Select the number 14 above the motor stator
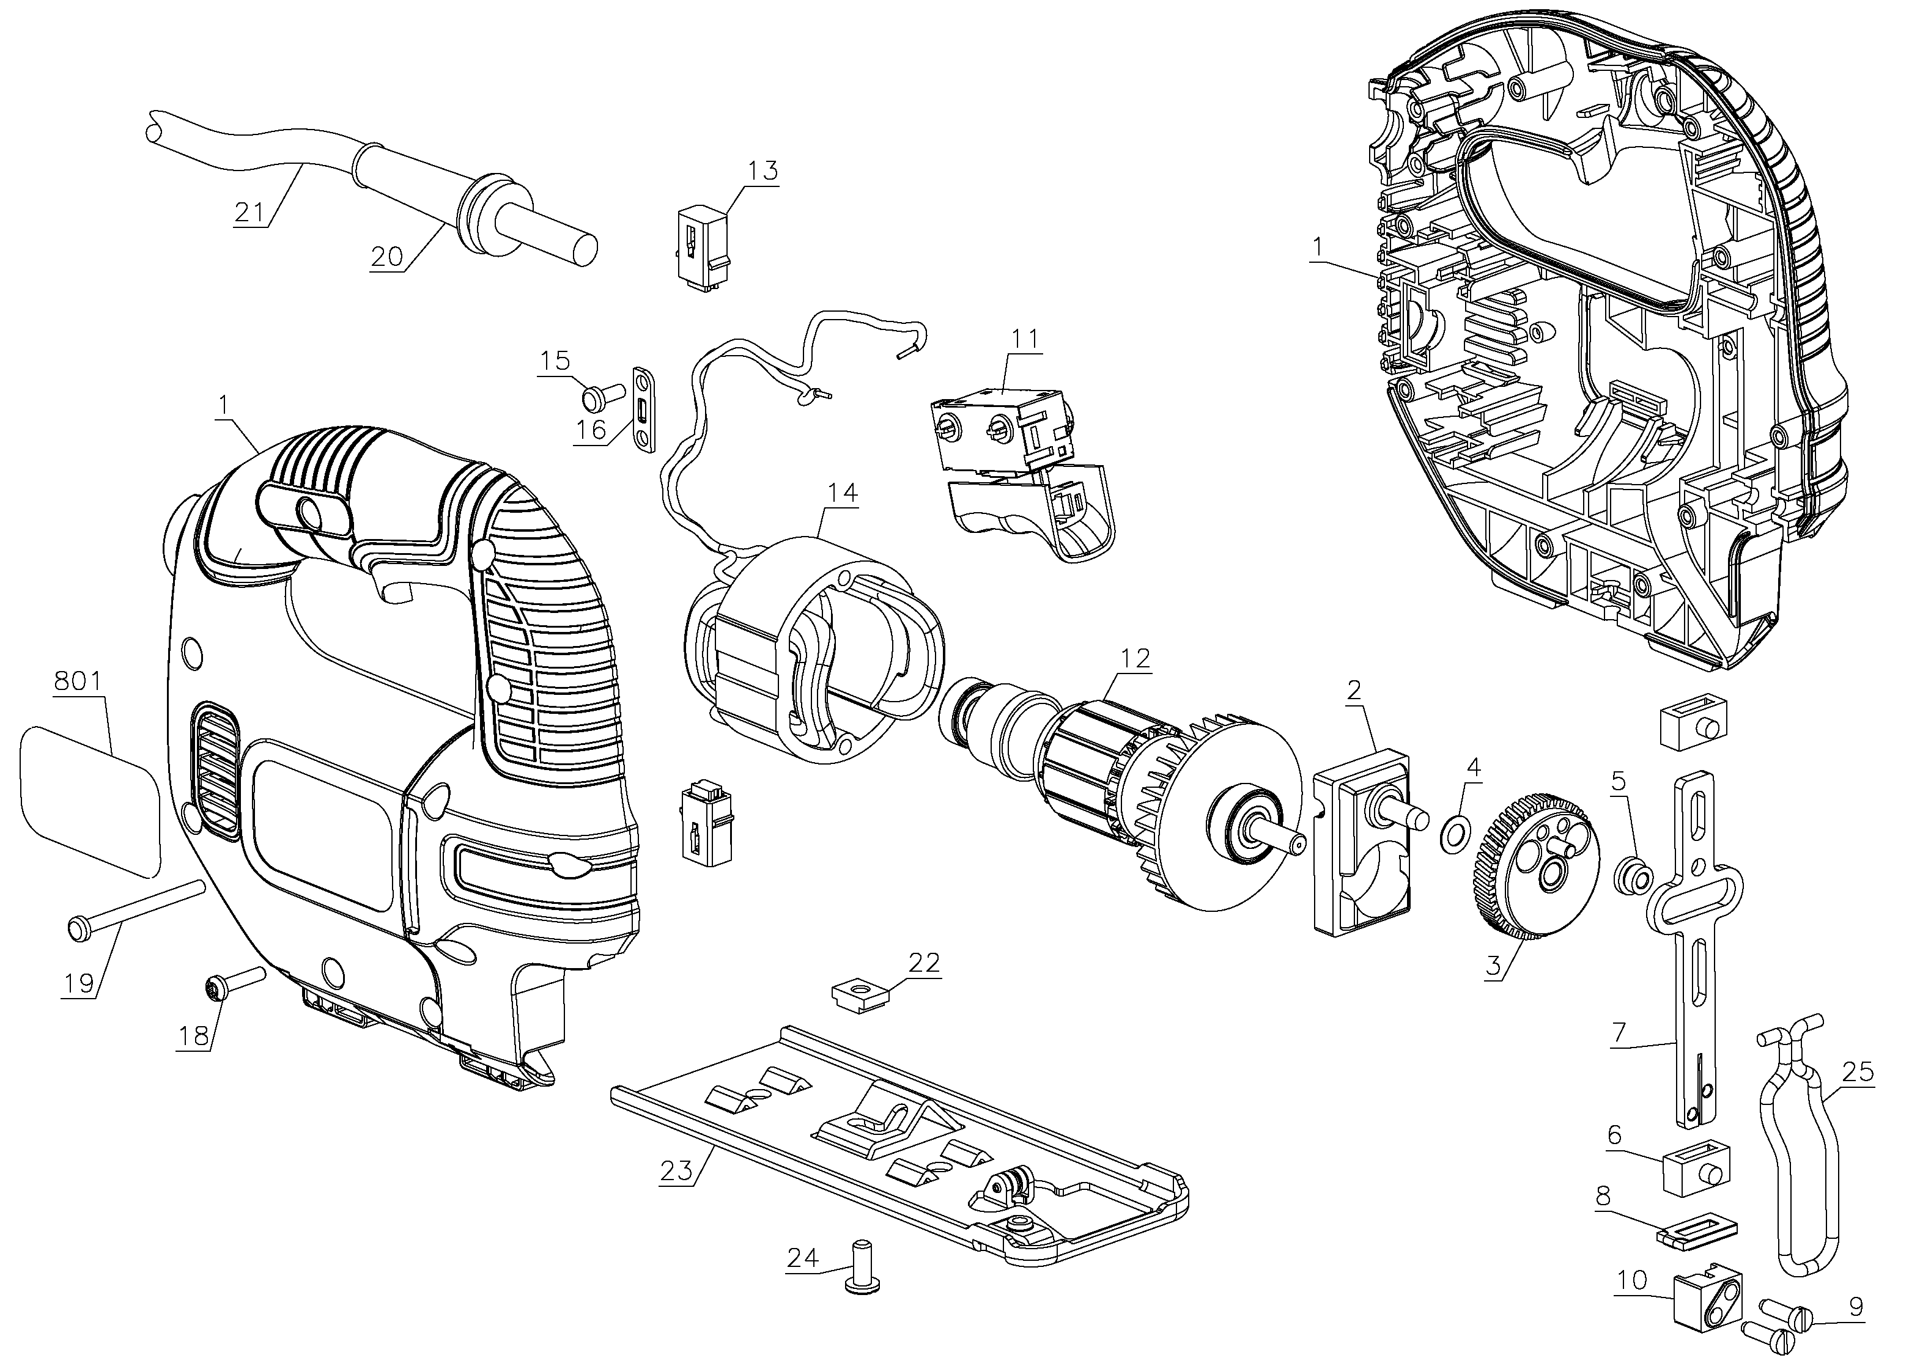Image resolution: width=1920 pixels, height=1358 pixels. click(x=843, y=493)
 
